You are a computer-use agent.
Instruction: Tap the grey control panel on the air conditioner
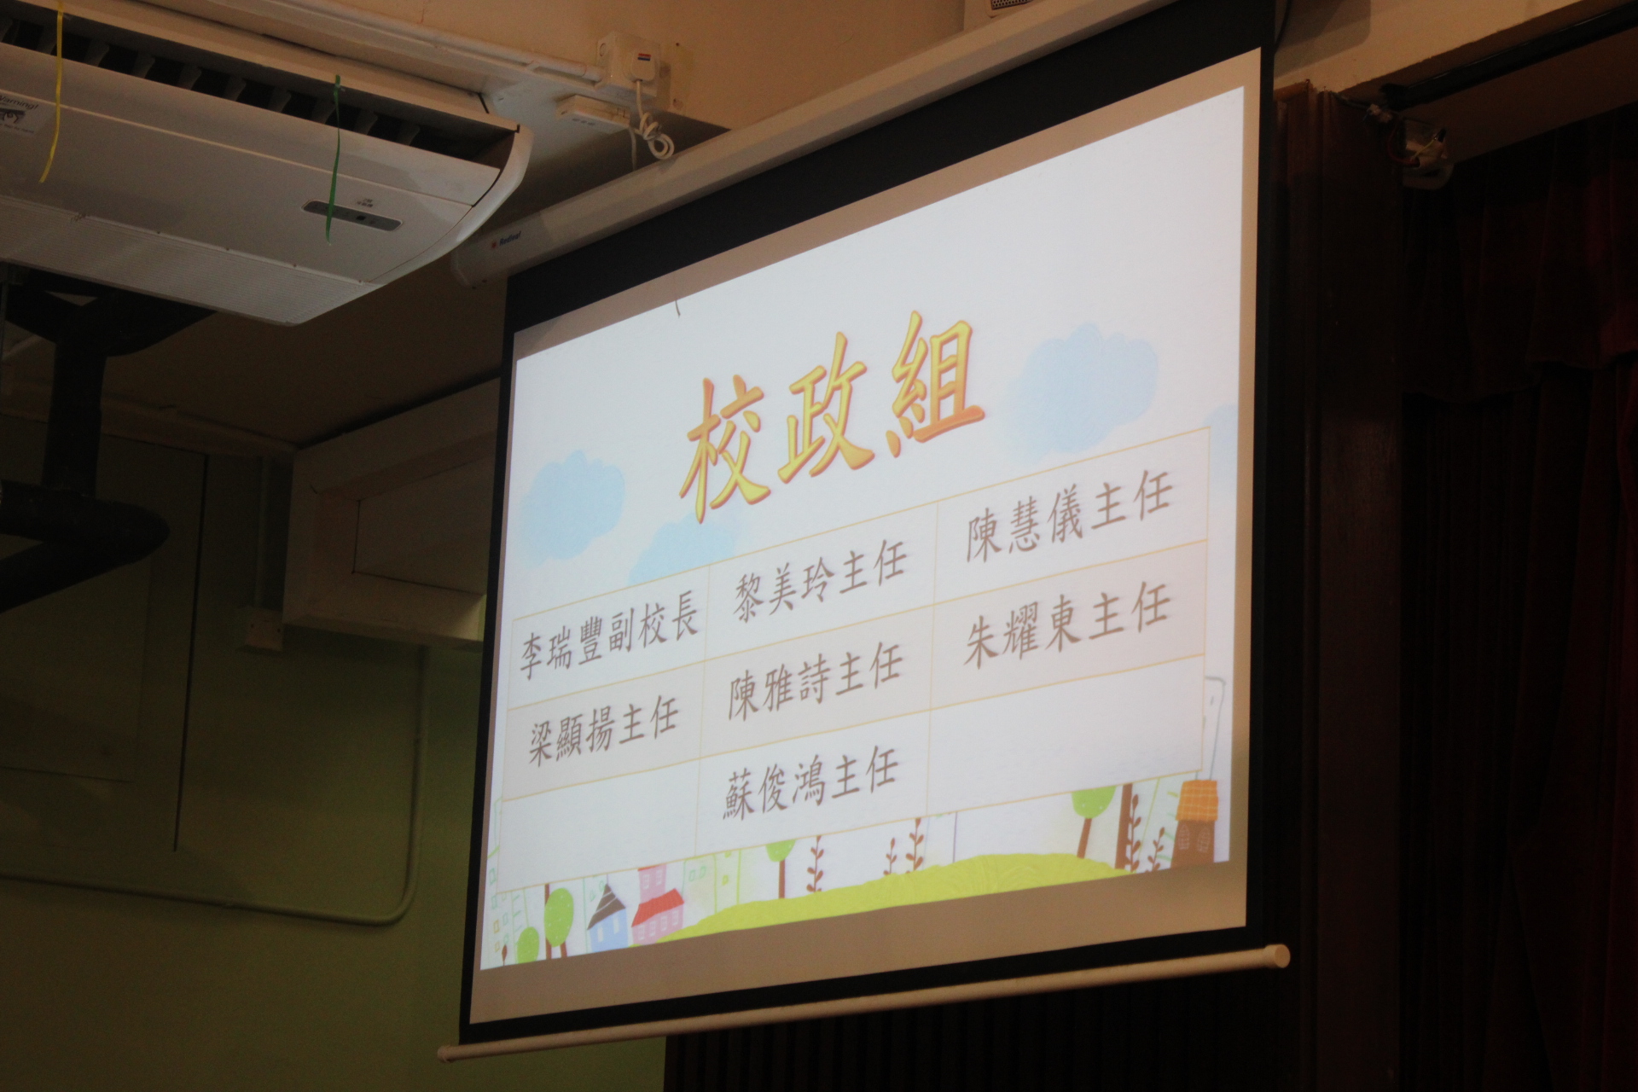pos(351,217)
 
